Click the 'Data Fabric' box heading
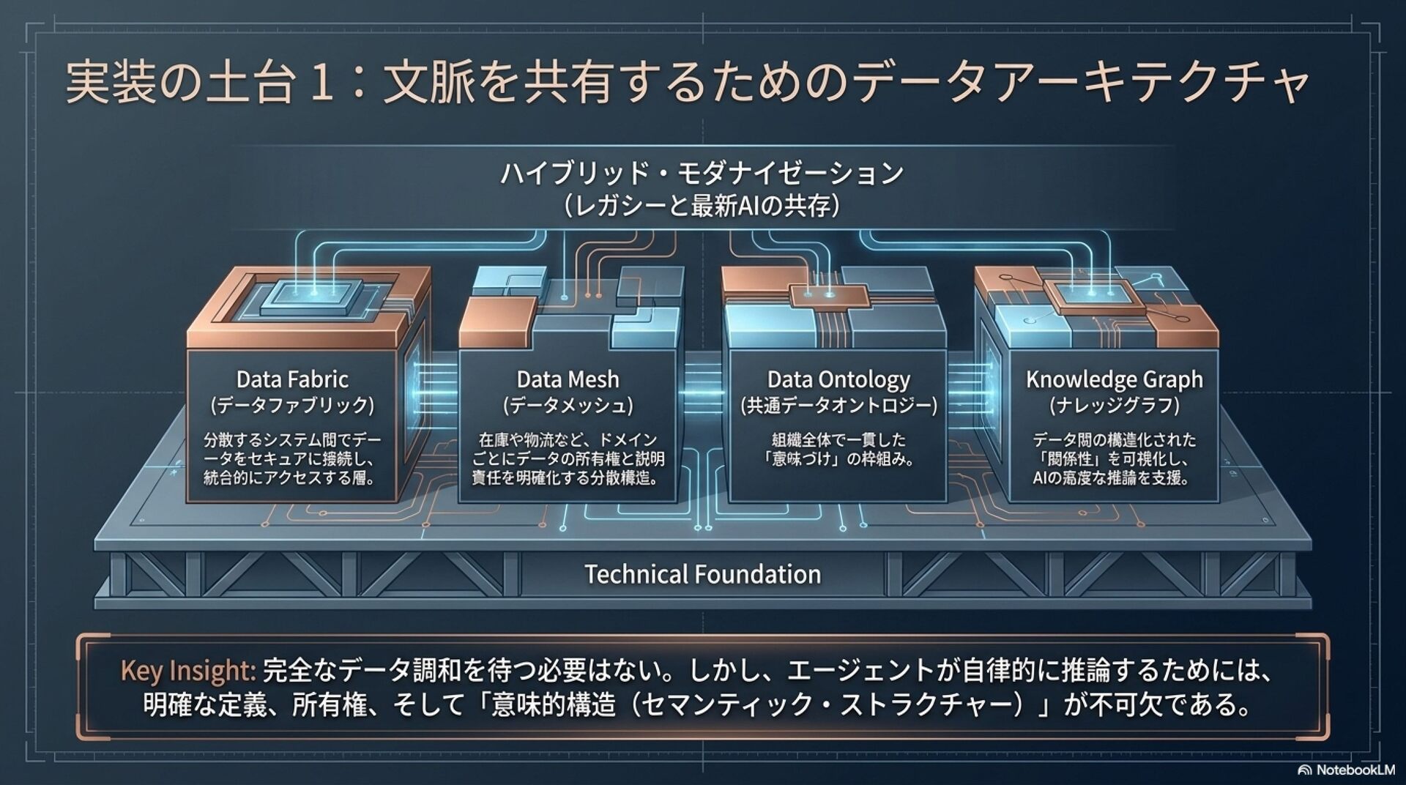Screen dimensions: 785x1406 point(292,379)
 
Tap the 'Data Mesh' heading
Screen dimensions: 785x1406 point(568,379)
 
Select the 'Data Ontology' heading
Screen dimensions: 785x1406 point(838,379)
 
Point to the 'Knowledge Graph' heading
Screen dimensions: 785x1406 point(1114,379)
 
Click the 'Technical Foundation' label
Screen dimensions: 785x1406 point(702,574)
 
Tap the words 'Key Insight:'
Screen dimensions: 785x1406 point(187,671)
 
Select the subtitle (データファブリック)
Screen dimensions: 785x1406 point(292,406)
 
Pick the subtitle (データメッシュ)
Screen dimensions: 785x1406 point(568,406)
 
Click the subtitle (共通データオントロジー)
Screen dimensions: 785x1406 point(838,406)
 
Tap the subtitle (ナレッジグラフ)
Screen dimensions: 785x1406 point(1114,406)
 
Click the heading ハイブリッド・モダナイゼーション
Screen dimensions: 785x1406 point(702,174)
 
